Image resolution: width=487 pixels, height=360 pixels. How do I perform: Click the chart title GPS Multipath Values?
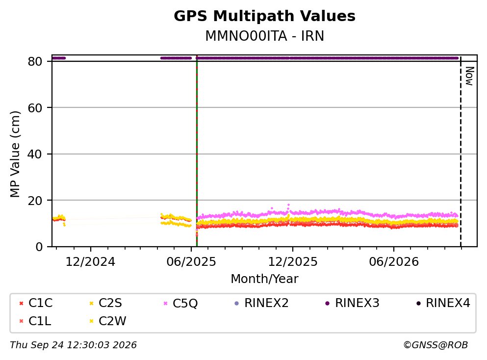tap(264, 16)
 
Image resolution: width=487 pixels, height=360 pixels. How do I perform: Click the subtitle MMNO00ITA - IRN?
tap(265, 36)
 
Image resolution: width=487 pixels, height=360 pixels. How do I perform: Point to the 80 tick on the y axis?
tap(35, 61)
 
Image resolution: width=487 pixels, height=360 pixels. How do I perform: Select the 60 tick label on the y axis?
tap(35, 108)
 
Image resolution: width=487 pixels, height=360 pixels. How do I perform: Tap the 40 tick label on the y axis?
tap(35, 154)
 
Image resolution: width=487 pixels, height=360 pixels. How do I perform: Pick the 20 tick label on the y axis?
tap(35, 201)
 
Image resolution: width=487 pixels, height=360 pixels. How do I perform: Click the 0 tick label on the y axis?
tap(39, 247)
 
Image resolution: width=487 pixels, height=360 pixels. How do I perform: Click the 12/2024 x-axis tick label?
tap(90, 262)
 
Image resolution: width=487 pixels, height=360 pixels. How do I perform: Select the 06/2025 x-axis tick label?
tap(191, 262)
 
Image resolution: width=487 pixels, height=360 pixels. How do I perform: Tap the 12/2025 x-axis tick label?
tap(293, 262)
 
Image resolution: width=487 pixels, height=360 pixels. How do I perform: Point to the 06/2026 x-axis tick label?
tap(394, 262)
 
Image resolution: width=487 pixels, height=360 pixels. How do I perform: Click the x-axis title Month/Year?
tap(264, 279)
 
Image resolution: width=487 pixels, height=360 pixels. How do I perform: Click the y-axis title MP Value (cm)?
tap(15, 154)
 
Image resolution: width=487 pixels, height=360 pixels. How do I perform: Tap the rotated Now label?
tap(469, 76)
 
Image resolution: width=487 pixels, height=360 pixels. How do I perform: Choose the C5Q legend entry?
tap(181, 303)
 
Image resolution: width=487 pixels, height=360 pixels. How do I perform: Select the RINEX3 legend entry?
tap(352, 303)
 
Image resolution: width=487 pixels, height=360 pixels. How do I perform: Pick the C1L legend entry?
tap(35, 321)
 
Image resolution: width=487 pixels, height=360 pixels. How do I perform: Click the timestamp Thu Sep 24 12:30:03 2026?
tap(73, 345)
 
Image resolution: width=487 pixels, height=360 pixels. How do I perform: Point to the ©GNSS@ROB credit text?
tap(436, 345)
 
